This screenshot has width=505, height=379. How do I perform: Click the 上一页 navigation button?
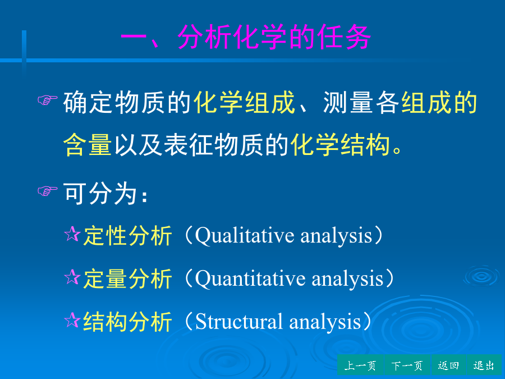pyautogui.click(x=360, y=366)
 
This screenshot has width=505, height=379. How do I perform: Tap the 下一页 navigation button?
pyautogui.click(x=407, y=366)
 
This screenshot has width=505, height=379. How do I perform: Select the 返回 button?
pyautogui.click(x=448, y=366)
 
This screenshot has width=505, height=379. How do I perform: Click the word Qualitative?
pyautogui.click(x=245, y=236)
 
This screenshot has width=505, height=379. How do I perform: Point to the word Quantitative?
pyautogui.click(x=250, y=278)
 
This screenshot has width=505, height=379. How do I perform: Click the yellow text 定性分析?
pyautogui.click(x=127, y=236)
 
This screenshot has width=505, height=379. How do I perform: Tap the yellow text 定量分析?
pyautogui.click(x=127, y=278)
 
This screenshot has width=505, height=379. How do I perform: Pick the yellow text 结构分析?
pyautogui.click(x=127, y=322)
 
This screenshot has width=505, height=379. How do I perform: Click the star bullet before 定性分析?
pyautogui.click(x=72, y=234)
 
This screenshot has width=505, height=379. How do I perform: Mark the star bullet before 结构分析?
pyautogui.click(x=72, y=320)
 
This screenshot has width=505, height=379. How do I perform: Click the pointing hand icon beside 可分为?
pyautogui.click(x=47, y=191)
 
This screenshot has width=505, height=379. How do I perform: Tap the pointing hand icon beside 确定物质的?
pyautogui.click(x=47, y=100)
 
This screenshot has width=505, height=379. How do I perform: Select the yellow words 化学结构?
pyautogui.click(x=341, y=144)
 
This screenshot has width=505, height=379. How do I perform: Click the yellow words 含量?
pyautogui.click(x=88, y=144)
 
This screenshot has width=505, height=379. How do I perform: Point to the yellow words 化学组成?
pyautogui.click(x=244, y=102)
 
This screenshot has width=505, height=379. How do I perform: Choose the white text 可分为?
pyautogui.click(x=100, y=193)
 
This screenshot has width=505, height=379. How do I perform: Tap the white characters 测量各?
pyautogui.click(x=361, y=102)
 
